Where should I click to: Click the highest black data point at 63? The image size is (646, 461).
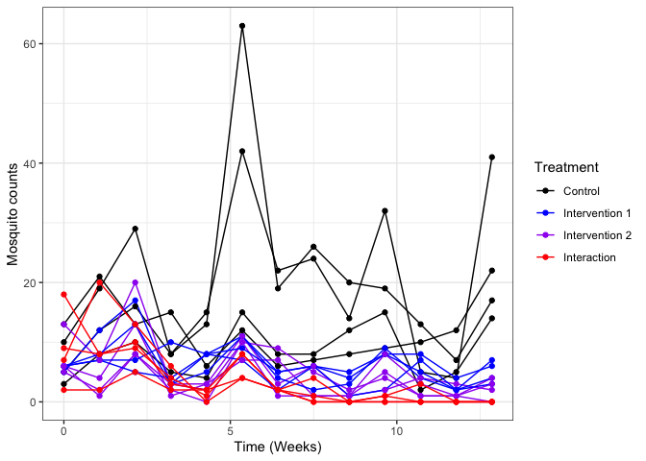242,26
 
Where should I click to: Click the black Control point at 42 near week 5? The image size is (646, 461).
242,151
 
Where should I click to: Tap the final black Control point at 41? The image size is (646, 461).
492,158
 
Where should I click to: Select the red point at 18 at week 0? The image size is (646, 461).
63,294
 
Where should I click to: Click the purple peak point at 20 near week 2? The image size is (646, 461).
136,282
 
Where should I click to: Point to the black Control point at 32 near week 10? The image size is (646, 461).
385,210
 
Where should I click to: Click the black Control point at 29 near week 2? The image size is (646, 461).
136,229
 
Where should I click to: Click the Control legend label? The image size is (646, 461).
583,190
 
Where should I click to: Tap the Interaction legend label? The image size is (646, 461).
590,257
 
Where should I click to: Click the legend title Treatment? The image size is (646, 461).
566,167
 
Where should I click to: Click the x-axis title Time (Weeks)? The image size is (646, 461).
279,448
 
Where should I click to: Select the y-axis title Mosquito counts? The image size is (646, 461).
14,219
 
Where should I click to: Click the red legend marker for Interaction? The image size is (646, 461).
545,257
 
